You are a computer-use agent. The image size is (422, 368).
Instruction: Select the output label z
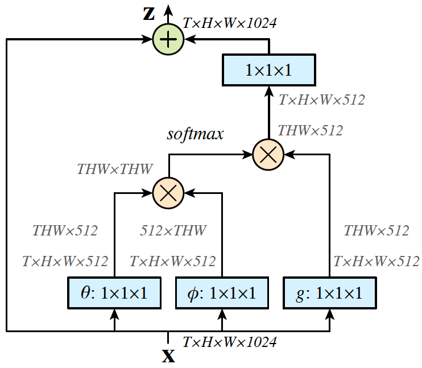(x=148, y=14)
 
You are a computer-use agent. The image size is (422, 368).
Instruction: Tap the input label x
(x=168, y=357)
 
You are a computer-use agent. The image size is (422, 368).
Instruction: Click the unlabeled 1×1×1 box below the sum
(x=268, y=71)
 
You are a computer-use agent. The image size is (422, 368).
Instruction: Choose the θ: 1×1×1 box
(x=115, y=293)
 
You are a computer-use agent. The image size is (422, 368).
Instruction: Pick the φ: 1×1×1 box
(x=222, y=293)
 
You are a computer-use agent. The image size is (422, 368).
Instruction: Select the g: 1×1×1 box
(x=330, y=293)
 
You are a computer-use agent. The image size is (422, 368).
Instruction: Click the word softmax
(x=195, y=134)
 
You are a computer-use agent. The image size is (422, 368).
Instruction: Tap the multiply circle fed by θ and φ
(x=168, y=193)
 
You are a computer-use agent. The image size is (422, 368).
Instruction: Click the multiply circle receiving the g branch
(x=268, y=154)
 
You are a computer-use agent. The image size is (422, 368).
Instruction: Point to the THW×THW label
(x=115, y=169)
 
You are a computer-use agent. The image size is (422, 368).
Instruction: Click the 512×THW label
(x=173, y=231)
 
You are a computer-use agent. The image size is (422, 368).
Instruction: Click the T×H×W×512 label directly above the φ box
(x=173, y=262)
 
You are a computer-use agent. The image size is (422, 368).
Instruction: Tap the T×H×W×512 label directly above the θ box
(x=65, y=262)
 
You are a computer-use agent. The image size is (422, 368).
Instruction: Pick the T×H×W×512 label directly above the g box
(x=376, y=262)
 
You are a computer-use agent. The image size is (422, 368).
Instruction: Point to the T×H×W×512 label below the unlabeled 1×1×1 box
(x=321, y=100)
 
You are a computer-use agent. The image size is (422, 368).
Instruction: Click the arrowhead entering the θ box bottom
(x=115, y=313)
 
